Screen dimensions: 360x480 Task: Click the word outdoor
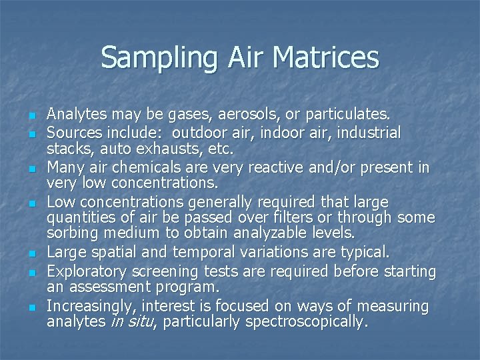click(x=200, y=133)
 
